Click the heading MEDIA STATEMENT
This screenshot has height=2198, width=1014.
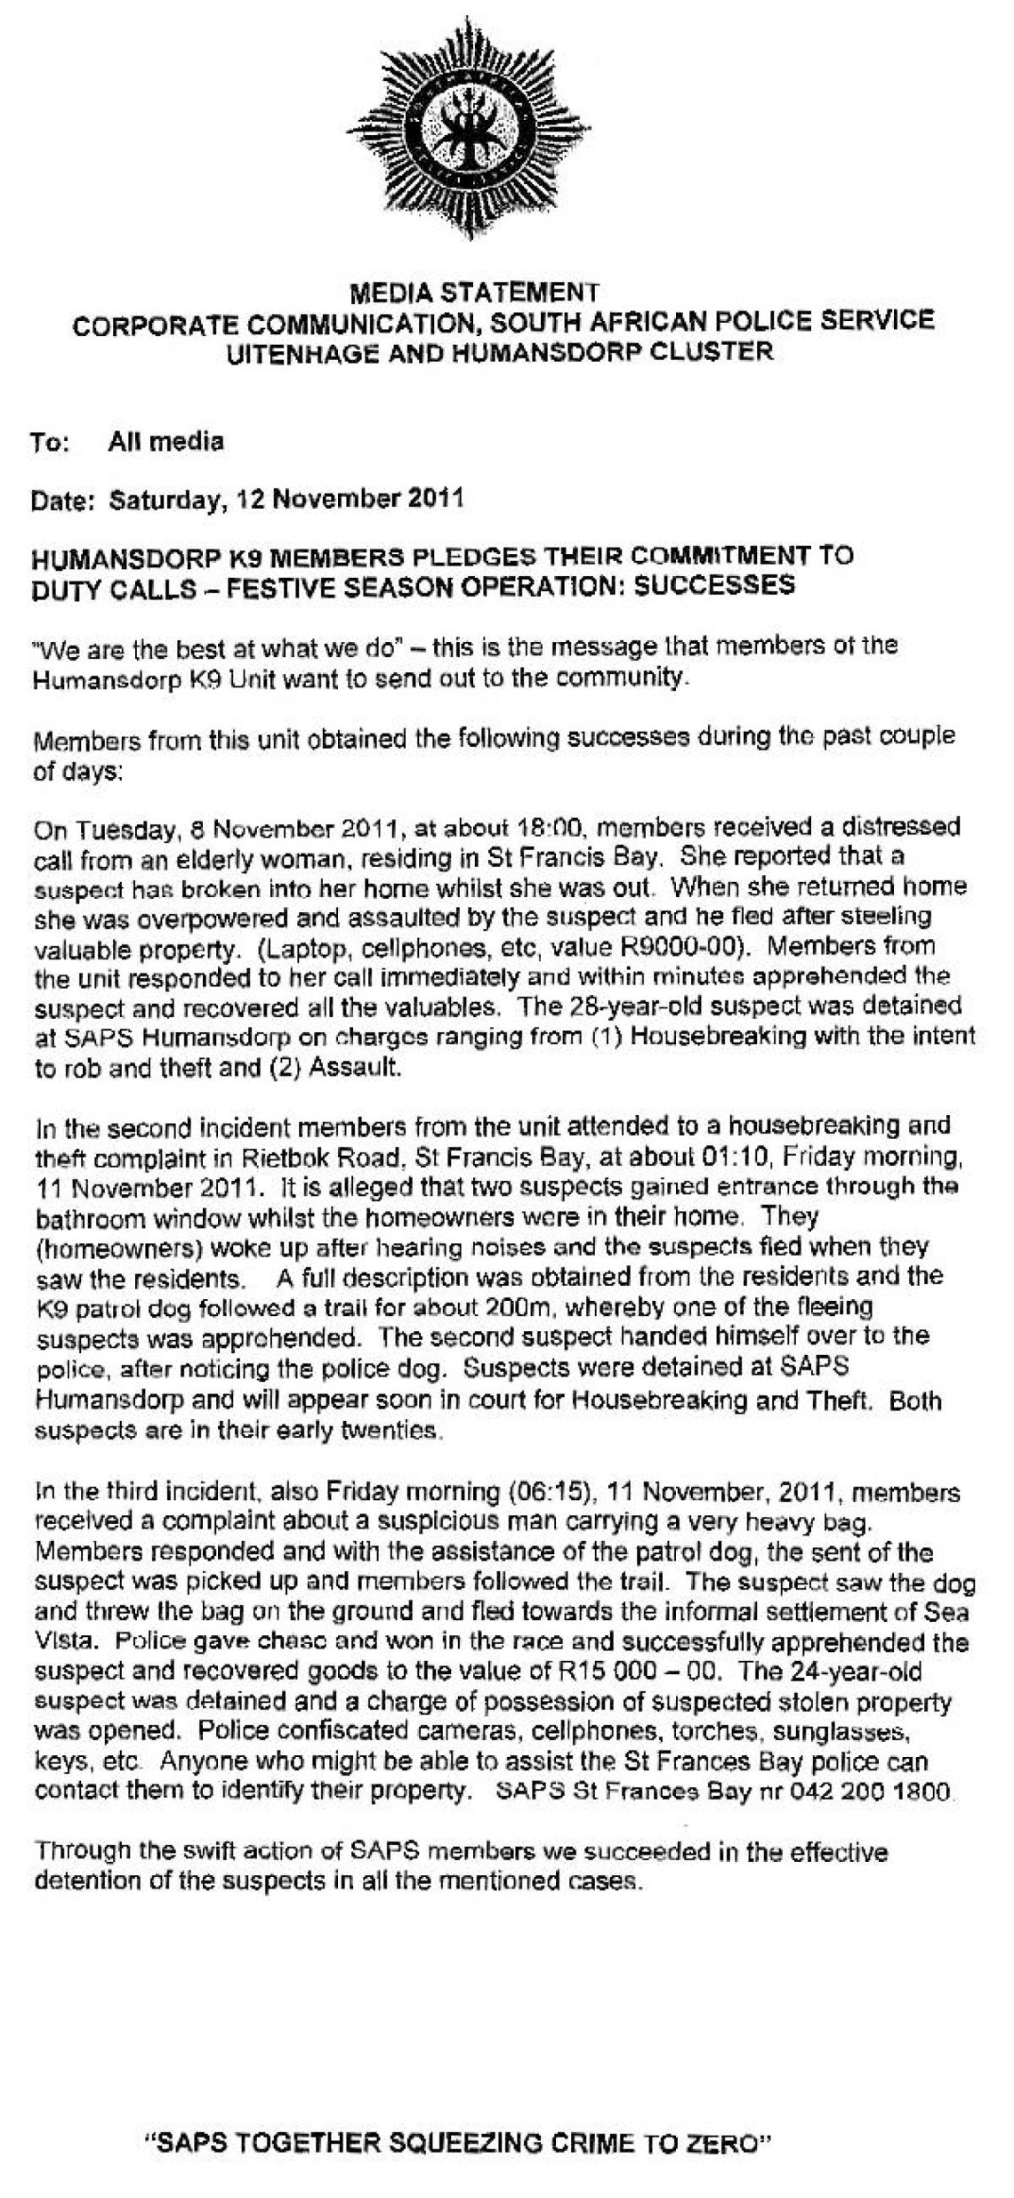click(474, 292)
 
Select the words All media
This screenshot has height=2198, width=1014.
click(165, 441)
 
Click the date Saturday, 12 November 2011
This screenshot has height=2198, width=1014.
click(286, 498)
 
